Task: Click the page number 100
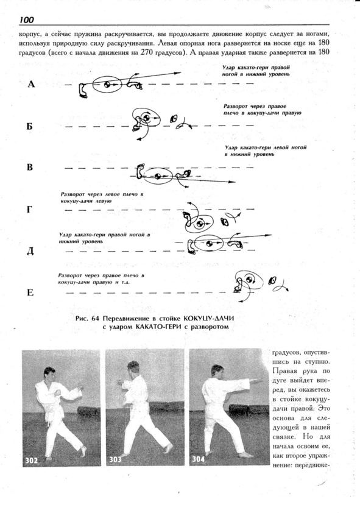click(x=26, y=20)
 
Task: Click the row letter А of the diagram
click(x=30, y=85)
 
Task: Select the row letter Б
click(x=30, y=126)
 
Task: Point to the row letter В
click(x=30, y=167)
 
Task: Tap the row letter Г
click(x=29, y=209)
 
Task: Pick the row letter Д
click(x=30, y=251)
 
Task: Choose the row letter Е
click(x=30, y=292)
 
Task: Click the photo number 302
click(x=32, y=461)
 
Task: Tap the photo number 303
click(x=115, y=459)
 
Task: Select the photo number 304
click(x=198, y=459)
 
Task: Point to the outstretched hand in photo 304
click(x=258, y=380)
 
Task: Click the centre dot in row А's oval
click(x=107, y=85)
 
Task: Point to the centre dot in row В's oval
click(x=157, y=176)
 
